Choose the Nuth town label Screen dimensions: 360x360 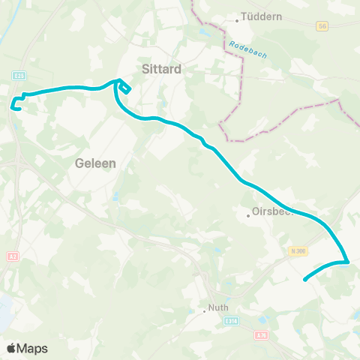pyautogui.click(x=219, y=307)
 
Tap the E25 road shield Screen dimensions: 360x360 pyautogui.click(x=19, y=76)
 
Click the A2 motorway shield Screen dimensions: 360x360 pyautogui.click(x=11, y=256)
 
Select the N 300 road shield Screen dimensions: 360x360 pyautogui.click(x=296, y=251)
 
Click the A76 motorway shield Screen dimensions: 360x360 pyautogui.click(x=260, y=335)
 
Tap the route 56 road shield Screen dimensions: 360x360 pyautogui.click(x=323, y=25)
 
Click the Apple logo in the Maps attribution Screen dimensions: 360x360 pyautogui.click(x=12, y=348)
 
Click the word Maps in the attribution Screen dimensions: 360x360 pyautogui.click(x=33, y=348)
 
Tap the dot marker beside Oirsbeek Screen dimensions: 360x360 pyautogui.click(x=249, y=216)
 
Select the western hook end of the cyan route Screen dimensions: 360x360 pyautogui.click(x=13, y=106)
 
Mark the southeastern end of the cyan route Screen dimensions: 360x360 pyautogui.click(x=304, y=280)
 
